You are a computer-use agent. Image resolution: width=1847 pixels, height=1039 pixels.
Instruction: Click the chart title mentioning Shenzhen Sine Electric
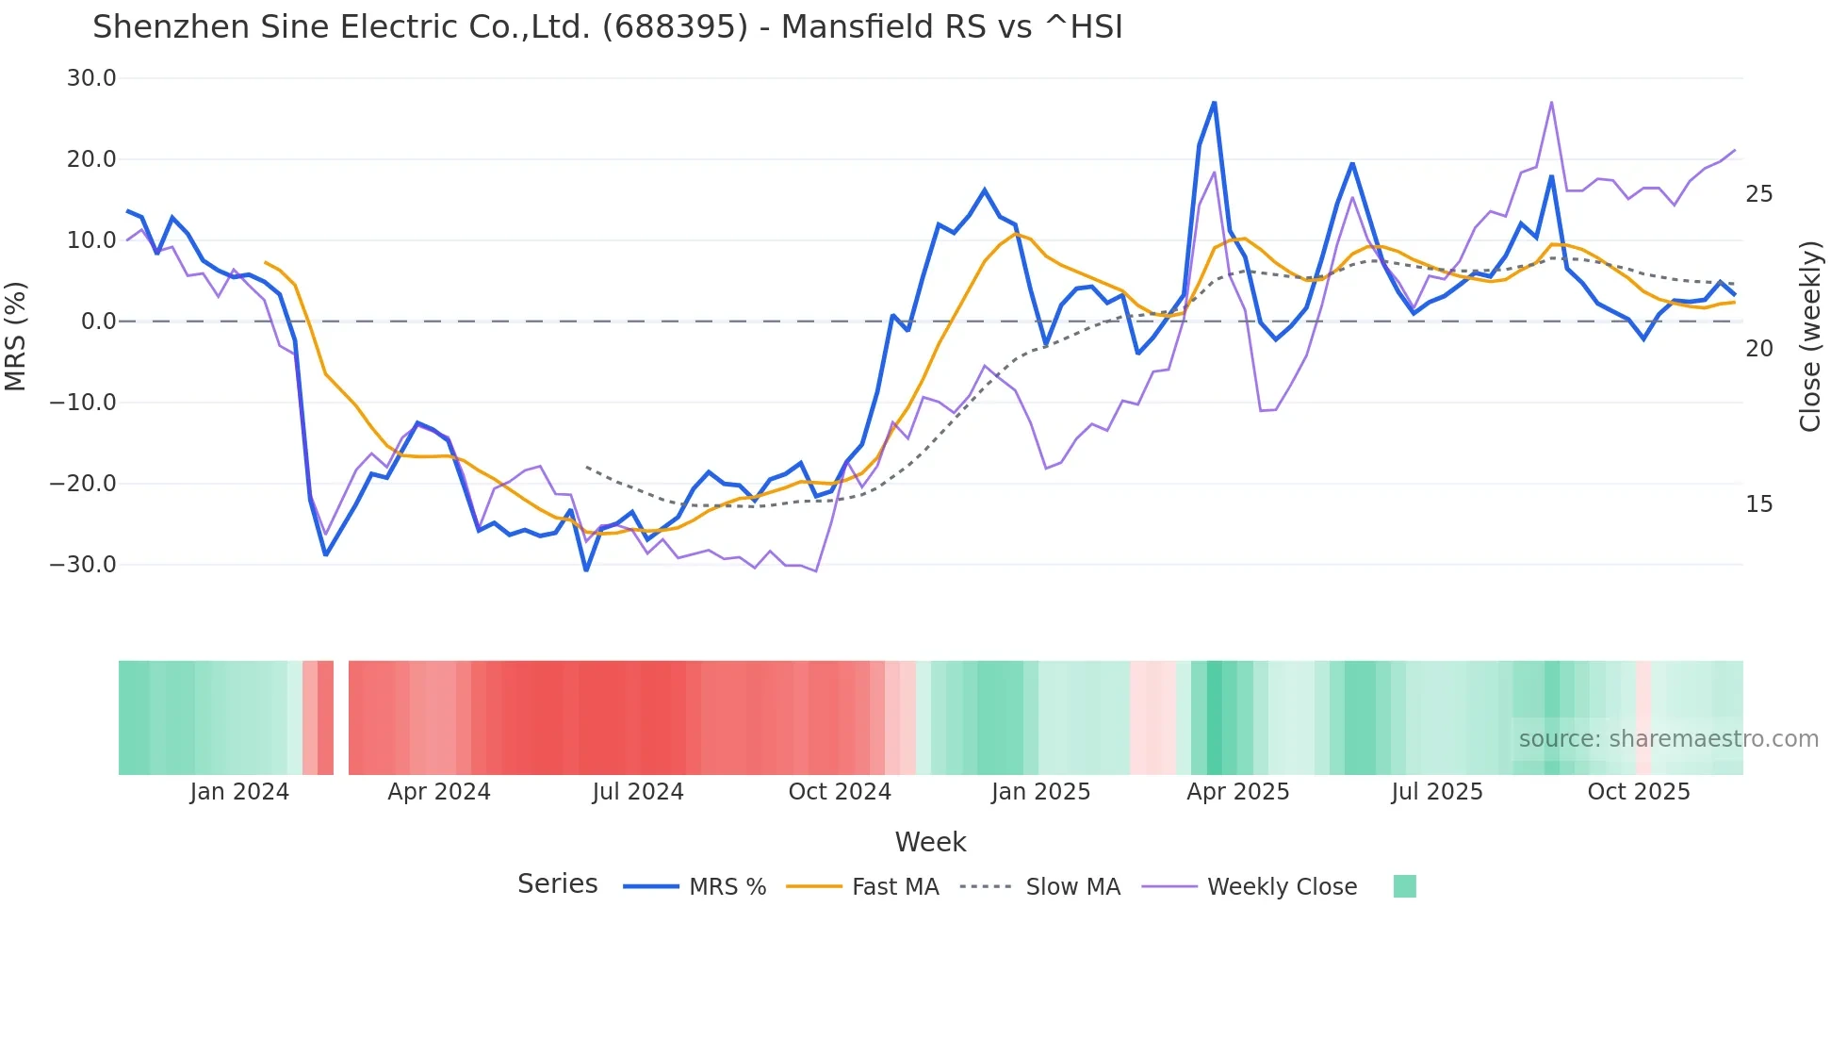(607, 27)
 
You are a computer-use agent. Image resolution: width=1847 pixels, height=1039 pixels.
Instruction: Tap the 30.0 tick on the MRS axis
(91, 78)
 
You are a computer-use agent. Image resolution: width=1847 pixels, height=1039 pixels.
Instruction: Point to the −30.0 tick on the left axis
(83, 565)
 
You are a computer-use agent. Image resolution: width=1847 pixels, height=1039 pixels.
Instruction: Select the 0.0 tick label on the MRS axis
(98, 322)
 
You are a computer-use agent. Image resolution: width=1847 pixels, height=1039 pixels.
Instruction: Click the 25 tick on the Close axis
(1758, 194)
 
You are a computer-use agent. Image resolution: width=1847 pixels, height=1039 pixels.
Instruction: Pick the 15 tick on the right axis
(1758, 504)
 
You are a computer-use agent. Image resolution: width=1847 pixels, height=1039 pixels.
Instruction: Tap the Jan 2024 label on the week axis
(239, 792)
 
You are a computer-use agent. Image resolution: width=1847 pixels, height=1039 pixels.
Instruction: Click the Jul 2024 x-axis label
(638, 792)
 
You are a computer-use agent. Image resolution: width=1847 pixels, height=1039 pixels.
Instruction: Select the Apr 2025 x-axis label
(1237, 792)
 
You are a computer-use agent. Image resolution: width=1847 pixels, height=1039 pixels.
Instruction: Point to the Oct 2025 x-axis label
(1639, 792)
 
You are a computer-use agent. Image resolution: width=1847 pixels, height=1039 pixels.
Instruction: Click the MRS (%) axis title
(16, 336)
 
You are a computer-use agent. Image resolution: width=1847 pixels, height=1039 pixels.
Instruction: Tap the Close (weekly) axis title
(1809, 337)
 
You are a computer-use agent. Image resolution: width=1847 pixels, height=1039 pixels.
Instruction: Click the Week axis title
(930, 842)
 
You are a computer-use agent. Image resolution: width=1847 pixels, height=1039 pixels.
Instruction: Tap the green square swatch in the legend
(1404, 886)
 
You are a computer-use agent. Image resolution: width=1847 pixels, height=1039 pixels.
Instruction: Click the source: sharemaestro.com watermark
(1668, 739)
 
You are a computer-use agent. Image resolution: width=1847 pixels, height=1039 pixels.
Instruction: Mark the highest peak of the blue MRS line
(1214, 102)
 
